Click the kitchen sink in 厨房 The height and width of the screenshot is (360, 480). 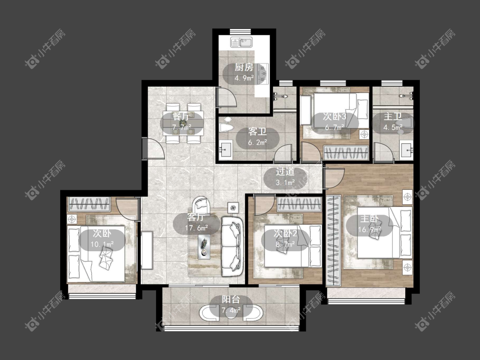coord(241,42)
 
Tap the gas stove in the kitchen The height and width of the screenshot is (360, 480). coord(263,73)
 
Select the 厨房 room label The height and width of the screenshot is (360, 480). coord(244,67)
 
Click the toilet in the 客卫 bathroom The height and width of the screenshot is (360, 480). coord(227,125)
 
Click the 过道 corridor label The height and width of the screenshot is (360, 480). coord(285,172)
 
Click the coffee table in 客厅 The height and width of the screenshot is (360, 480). coord(204,247)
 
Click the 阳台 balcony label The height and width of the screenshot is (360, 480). coord(231,299)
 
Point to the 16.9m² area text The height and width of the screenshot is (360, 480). coord(369,229)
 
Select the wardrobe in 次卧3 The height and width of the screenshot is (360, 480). coord(346,153)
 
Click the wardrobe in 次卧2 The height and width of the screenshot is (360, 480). coord(300,204)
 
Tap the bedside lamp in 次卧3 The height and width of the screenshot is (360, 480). coord(364,134)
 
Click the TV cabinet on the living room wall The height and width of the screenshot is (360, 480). coord(147,250)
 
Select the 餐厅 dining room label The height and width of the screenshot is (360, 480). coord(181,116)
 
